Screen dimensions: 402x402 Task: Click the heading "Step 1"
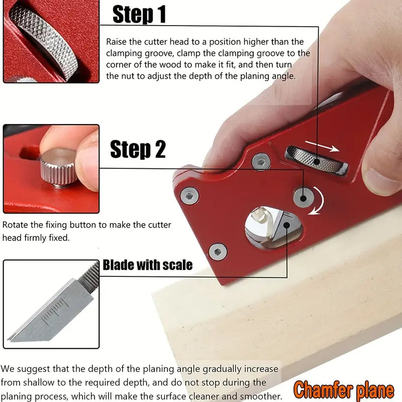click(139, 15)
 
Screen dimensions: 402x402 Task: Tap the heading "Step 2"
click(138, 149)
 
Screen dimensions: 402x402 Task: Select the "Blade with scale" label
click(148, 265)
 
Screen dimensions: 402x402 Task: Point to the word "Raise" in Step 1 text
click(116, 42)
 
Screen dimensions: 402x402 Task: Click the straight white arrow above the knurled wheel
click(322, 146)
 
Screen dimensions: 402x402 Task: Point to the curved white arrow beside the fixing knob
click(320, 200)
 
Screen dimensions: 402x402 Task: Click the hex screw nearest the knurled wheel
click(261, 162)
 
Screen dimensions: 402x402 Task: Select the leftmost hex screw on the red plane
click(190, 196)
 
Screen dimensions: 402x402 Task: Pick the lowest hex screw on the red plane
click(218, 252)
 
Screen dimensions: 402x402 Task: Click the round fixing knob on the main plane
click(304, 197)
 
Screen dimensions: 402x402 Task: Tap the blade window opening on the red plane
click(273, 228)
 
